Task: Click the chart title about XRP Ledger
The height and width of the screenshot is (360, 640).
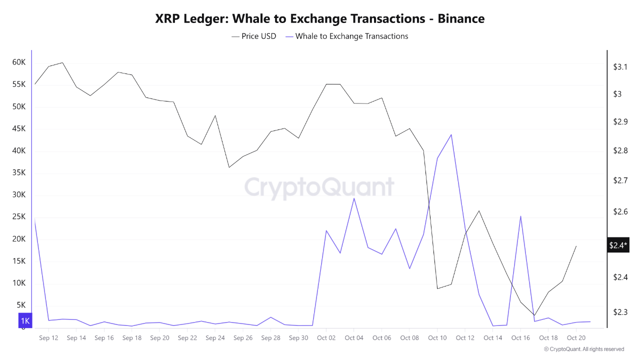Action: coord(320,18)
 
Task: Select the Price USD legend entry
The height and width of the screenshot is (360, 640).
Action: coord(254,36)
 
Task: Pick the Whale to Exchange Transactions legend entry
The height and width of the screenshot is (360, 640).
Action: coord(346,36)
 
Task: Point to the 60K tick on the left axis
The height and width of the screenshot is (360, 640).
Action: coord(19,62)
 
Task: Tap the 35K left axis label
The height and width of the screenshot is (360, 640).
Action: coord(19,173)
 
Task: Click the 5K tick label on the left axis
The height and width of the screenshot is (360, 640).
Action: coord(21,305)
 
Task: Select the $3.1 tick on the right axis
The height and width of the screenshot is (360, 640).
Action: coord(620,67)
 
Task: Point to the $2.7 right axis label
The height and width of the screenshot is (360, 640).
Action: coord(620,180)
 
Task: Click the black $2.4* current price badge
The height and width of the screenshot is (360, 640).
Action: coord(618,245)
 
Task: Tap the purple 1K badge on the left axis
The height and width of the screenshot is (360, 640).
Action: coord(25,320)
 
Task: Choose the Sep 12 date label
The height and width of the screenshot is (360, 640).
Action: coord(48,338)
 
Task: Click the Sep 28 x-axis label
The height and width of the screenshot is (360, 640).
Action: coord(270,338)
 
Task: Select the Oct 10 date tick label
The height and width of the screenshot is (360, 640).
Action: coord(437,338)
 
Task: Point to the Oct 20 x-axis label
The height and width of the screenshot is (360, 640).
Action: coord(576,338)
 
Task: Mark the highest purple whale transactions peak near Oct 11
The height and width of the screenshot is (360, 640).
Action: coord(451,134)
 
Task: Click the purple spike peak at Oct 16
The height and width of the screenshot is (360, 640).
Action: coord(520,216)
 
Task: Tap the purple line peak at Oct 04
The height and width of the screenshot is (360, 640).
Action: coord(354,198)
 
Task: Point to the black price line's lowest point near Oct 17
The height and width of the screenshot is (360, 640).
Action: coord(534,315)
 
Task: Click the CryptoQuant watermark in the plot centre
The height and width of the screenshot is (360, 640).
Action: coord(319,187)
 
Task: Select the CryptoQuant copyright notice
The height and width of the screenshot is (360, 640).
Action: coord(583,349)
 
